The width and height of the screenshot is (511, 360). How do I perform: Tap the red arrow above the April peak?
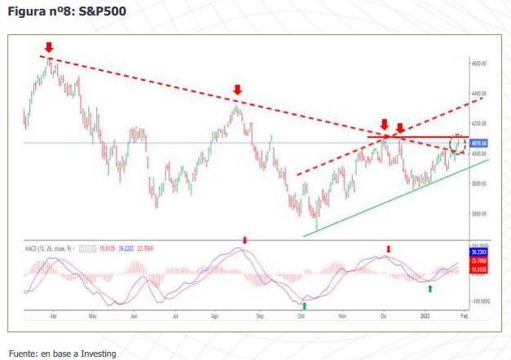49,48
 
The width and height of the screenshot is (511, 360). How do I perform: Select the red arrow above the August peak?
236,90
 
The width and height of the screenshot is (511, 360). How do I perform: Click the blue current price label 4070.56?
479,143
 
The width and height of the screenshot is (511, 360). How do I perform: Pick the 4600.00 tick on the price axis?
478,63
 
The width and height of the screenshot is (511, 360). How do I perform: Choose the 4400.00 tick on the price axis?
478,93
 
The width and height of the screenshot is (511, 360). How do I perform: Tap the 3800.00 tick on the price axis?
478,184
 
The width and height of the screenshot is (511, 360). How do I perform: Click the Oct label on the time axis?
302,314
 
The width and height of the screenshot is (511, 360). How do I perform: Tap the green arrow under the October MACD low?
305,300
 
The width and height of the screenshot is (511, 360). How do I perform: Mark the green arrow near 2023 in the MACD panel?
430,288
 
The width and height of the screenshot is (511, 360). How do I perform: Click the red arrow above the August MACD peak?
244,239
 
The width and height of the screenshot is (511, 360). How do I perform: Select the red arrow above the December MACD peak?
388,248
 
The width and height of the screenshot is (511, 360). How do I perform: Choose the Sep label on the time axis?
260,314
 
